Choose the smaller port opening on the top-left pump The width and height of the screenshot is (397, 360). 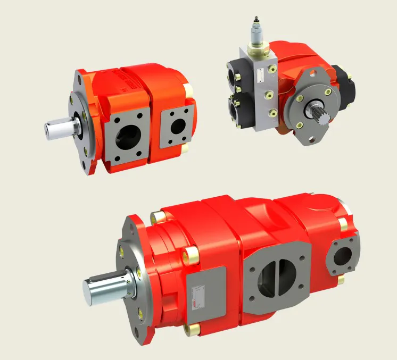click(x=178, y=125)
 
